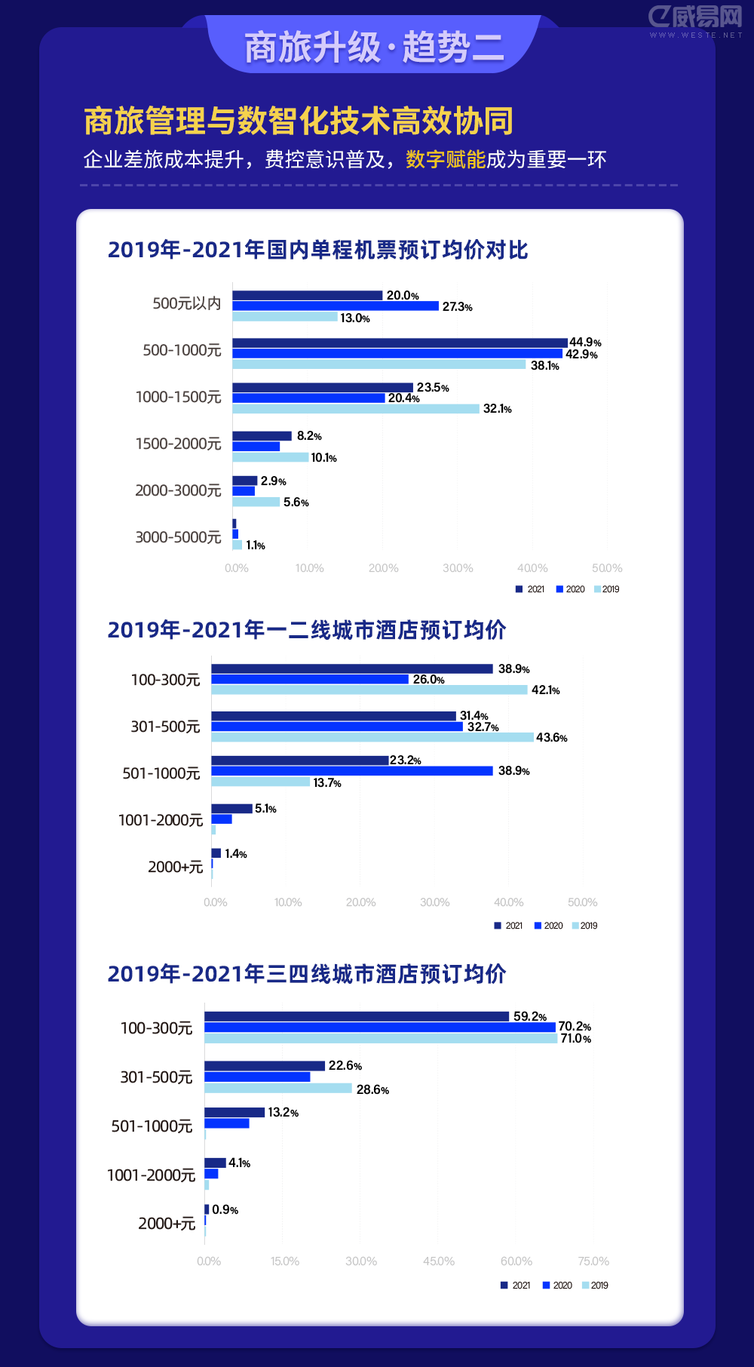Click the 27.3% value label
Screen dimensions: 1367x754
pos(457,307)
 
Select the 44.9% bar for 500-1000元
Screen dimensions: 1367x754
pos(400,343)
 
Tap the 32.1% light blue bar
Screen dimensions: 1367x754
pos(356,409)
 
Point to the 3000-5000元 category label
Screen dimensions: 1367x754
pos(178,537)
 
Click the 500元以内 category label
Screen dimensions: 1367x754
pos(186,303)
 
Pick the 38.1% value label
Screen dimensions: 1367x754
pos(544,366)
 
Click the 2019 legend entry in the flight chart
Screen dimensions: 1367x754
pos(607,589)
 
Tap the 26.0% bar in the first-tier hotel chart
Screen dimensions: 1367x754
pos(310,680)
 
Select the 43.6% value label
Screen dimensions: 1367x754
pos(551,738)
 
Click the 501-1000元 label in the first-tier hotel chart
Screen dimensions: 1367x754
pos(161,773)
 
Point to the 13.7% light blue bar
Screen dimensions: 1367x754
pos(261,782)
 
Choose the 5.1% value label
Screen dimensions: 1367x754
pos(265,809)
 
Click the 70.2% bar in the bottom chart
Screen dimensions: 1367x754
pos(380,1027)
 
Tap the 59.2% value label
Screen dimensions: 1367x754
pos(529,1017)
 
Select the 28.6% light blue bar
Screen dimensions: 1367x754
pos(278,1089)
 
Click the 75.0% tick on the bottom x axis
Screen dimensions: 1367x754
pos(593,1261)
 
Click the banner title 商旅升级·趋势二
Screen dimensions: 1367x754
pos(374,48)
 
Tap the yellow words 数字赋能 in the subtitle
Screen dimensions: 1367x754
pos(445,160)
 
